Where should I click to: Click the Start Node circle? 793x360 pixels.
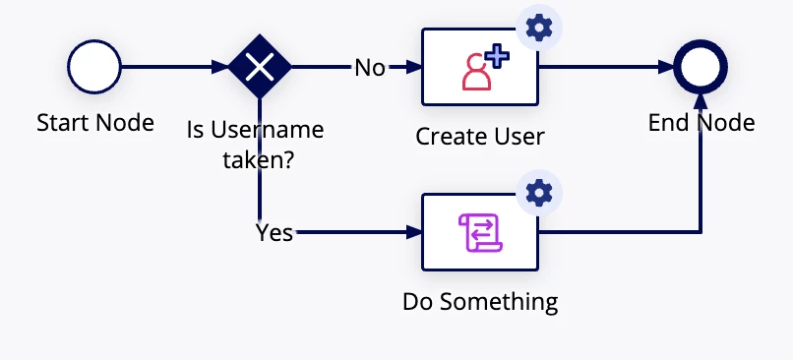pos(94,67)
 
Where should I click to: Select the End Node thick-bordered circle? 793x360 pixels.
pos(701,67)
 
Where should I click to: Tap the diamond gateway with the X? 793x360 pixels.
pos(260,66)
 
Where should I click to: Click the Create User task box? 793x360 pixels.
pos(480,67)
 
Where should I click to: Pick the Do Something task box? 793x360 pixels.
pos(480,232)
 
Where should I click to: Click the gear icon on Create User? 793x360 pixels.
pos(539,28)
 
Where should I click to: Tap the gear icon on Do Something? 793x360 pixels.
pos(539,193)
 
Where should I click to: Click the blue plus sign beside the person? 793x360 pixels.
pos(497,56)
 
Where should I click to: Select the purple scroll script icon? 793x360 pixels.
pos(480,232)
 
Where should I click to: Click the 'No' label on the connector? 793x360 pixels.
pos(370,67)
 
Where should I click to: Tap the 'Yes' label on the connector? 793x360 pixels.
pos(274,232)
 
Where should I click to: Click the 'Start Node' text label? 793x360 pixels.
pos(95,122)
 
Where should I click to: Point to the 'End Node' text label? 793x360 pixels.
pos(701,122)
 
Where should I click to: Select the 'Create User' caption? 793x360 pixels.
pos(480,136)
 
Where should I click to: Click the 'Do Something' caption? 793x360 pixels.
pos(480,302)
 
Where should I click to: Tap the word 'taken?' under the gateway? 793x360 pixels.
pos(259,160)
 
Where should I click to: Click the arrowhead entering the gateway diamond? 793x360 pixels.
pos(220,67)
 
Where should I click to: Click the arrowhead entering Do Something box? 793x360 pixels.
pos(414,232)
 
